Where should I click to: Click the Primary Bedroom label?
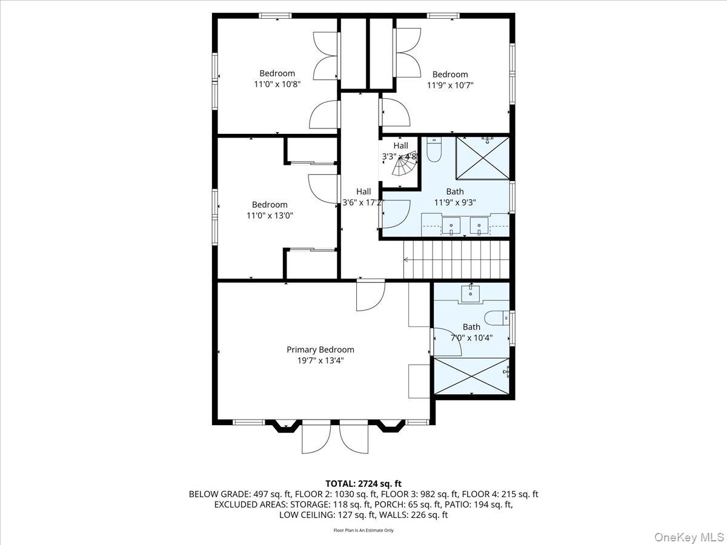[320, 349]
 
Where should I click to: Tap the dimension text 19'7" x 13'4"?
[320, 360]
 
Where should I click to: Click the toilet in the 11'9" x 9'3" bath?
[434, 150]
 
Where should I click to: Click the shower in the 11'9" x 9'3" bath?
[482, 158]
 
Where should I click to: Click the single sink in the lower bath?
[471, 293]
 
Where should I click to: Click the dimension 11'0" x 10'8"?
[277, 85]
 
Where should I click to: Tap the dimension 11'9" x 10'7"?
[450, 85]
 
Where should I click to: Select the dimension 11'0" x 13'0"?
[270, 215]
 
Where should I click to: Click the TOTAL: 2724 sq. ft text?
[363, 483]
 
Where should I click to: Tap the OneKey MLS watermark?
[689, 537]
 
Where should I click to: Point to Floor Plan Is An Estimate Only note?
[363, 530]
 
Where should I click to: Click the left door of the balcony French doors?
[315, 437]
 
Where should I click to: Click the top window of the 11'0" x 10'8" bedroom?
[276, 16]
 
